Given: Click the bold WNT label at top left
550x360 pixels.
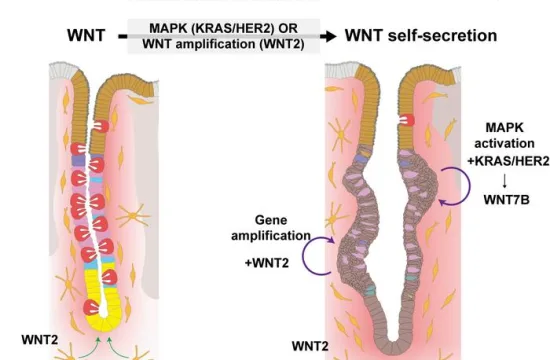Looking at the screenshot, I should tap(85, 37).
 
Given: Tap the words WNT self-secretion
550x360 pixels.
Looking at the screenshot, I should tap(420, 37).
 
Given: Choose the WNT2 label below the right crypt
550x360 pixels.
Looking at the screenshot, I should tap(312, 346).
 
